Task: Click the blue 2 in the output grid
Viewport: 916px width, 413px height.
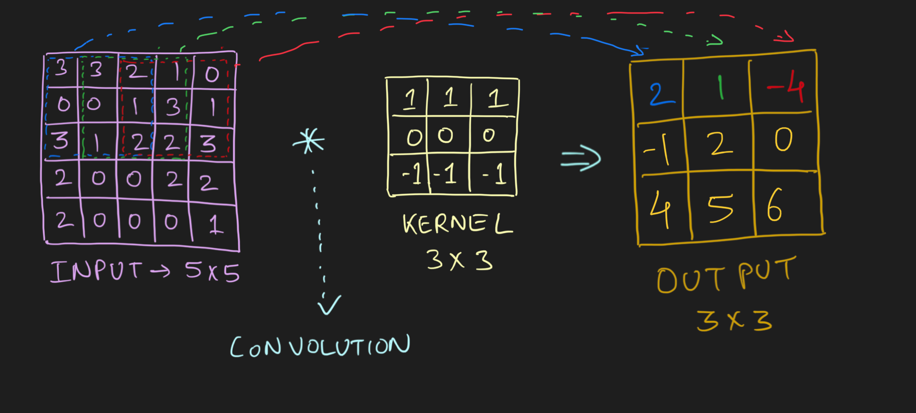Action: pyautogui.click(x=660, y=94)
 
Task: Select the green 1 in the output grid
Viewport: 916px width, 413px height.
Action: pyautogui.click(x=721, y=87)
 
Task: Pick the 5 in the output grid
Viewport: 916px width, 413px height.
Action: pyautogui.click(x=720, y=207)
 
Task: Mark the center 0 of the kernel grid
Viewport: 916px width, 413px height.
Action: pyautogui.click(x=445, y=136)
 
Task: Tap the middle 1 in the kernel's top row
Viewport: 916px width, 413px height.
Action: pyautogui.click(x=450, y=98)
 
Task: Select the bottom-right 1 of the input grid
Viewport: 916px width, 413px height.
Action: pyautogui.click(x=214, y=225)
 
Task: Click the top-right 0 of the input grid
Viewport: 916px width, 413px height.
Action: pyautogui.click(x=211, y=74)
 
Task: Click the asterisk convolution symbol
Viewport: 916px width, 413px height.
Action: pyautogui.click(x=309, y=141)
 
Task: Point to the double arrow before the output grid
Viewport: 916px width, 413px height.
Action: pyautogui.click(x=581, y=158)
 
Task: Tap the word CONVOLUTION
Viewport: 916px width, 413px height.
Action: pyautogui.click(x=320, y=346)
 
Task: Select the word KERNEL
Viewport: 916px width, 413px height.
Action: pyautogui.click(x=457, y=224)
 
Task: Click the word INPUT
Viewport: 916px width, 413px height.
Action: pyautogui.click(x=96, y=272)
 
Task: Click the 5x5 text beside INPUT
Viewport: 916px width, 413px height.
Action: pyautogui.click(x=212, y=272)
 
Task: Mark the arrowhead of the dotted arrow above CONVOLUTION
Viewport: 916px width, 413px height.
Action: pyautogui.click(x=329, y=305)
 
